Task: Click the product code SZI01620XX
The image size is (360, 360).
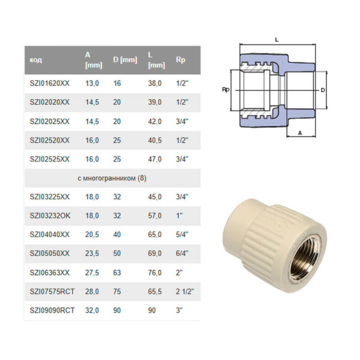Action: (x=49, y=83)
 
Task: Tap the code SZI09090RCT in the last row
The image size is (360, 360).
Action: (x=52, y=310)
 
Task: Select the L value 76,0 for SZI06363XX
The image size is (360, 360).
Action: (x=155, y=272)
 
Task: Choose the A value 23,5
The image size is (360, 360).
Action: (x=92, y=253)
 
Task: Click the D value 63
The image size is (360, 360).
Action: (x=117, y=272)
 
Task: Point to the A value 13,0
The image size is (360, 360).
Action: (x=92, y=83)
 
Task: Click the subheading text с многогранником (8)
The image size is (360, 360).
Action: (x=112, y=178)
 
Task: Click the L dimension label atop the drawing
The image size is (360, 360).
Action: (x=277, y=40)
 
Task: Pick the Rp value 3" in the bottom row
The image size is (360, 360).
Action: (x=179, y=310)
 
